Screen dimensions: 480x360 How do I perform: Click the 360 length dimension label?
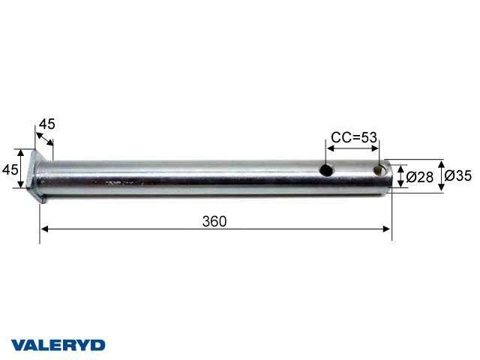[x=214, y=221]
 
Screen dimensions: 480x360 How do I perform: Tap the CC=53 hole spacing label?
[x=354, y=137]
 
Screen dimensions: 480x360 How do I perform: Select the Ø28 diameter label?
[x=420, y=177]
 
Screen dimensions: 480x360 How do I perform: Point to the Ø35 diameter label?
[x=458, y=175]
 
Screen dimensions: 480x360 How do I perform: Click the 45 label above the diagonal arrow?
[x=47, y=124]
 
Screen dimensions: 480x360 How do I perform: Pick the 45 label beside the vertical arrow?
[x=10, y=169]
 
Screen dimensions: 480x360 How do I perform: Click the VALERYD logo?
[x=58, y=345]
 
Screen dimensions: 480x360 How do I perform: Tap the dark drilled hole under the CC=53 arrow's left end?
[x=327, y=170]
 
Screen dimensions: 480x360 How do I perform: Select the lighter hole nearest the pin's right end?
[x=379, y=170]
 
